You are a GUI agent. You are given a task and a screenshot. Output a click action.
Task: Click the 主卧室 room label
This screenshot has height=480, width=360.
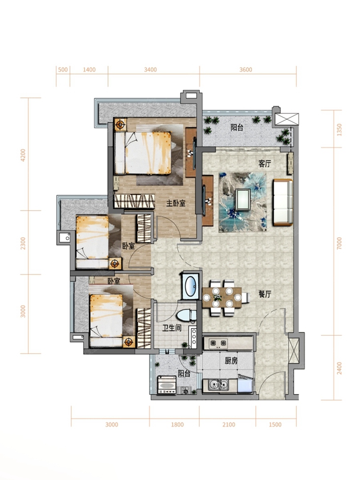176,204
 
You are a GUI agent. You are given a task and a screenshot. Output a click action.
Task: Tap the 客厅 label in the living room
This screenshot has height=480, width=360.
264,164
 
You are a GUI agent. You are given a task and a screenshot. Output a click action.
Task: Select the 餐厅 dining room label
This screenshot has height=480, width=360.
265,294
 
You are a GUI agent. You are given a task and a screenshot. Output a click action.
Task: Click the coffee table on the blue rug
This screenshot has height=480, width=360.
243,200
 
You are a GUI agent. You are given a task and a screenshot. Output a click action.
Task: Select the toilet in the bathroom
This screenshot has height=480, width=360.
186,316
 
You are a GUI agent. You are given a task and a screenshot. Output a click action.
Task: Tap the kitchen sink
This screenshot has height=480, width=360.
218,385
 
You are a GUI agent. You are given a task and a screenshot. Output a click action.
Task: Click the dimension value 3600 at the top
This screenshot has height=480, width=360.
246,70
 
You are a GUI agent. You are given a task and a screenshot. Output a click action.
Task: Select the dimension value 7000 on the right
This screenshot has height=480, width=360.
339,243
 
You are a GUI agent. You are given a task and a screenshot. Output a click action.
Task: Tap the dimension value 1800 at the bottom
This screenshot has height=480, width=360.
177,425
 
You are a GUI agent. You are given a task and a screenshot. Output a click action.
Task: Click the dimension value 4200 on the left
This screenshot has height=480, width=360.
23,155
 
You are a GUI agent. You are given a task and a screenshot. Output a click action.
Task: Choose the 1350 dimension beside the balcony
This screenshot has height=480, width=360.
339,130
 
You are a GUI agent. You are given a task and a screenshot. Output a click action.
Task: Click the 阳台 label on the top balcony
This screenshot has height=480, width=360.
237,128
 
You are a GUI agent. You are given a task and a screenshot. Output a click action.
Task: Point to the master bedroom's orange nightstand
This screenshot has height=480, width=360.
120,125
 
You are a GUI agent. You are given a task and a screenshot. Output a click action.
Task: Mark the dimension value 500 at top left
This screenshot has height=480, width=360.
63,70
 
